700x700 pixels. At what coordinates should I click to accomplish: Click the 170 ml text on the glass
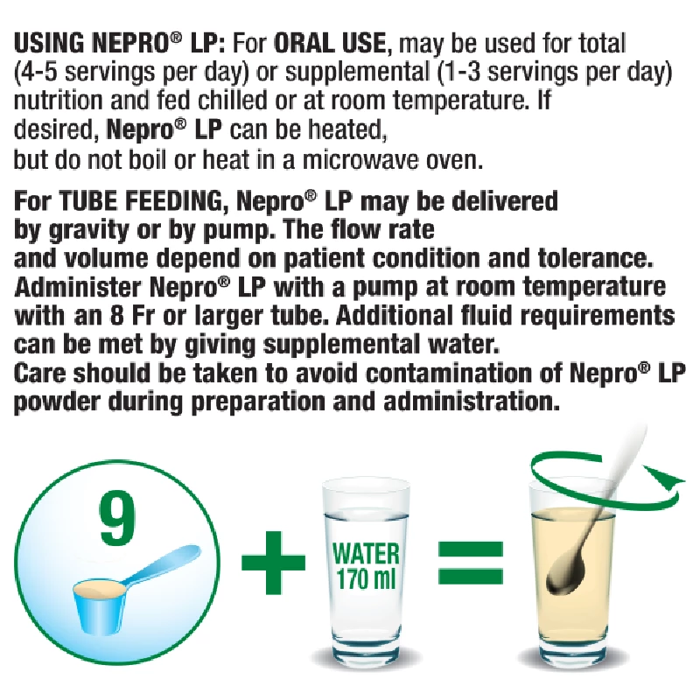[366, 579]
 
